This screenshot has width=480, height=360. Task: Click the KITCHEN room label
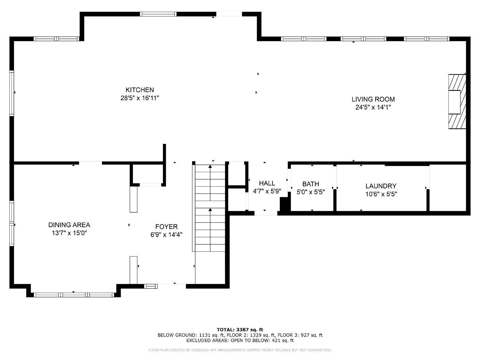139,90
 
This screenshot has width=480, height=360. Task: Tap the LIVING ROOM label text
373,99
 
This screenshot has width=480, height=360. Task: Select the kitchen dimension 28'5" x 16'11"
139,98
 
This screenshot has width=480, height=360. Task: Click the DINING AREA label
69,225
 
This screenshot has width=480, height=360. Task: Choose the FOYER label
166,227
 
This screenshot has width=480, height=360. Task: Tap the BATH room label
310,184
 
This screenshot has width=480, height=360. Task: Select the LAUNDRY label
381,186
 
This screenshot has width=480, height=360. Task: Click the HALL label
267,183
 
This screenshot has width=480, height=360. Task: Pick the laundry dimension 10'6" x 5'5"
381,194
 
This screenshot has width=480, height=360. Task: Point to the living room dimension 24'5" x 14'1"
373,107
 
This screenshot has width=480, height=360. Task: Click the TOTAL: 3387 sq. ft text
240,330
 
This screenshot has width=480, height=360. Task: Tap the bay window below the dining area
73,295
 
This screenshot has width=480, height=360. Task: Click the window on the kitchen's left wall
12,93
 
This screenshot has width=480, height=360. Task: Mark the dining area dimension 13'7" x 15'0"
69,233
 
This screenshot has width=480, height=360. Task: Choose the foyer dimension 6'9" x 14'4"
166,235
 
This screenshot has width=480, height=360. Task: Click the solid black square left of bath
284,204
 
